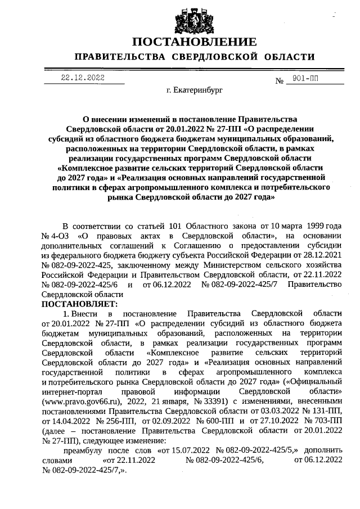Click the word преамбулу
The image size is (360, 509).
point(85,450)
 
